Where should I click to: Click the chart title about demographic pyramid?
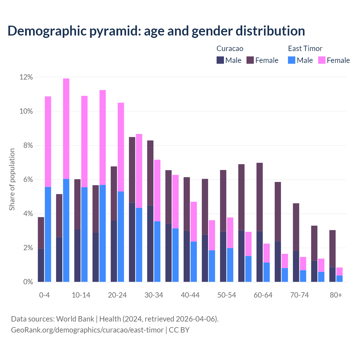156,31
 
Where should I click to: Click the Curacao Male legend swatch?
220,60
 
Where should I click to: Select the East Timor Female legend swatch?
322,60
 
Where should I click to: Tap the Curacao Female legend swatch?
250,60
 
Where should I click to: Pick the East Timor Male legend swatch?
292,60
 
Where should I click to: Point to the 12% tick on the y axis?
26,77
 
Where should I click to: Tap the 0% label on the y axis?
28,282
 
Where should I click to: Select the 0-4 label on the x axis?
44,295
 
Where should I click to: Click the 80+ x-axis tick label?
336,295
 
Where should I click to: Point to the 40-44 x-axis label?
190,295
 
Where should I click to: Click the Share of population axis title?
12,179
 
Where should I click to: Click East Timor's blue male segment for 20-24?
121,237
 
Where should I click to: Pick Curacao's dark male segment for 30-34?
150,244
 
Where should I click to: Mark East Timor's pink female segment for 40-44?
194,222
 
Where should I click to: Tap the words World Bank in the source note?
75,319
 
